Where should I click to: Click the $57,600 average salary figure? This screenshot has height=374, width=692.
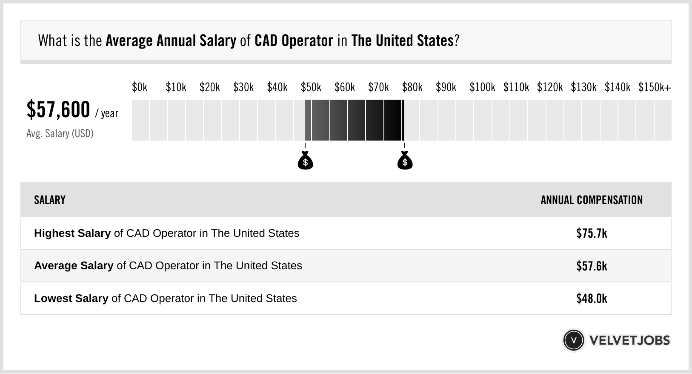tap(58, 110)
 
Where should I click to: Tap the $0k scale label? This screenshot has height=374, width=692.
tap(140, 87)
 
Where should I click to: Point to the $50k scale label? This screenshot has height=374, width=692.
tap(311, 87)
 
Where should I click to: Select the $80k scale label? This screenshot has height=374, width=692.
tap(412, 87)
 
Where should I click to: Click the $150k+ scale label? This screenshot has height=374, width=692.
tap(654, 87)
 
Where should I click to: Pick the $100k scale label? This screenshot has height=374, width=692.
tap(482, 87)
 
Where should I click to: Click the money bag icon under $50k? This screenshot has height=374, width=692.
tap(305, 161)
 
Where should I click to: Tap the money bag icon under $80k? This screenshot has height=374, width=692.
tap(405, 161)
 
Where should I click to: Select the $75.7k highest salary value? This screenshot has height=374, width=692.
tap(592, 233)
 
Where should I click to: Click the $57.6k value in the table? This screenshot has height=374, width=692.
tap(592, 266)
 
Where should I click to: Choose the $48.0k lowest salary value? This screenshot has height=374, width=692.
tap(592, 299)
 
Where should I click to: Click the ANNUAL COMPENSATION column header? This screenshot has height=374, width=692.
tap(592, 200)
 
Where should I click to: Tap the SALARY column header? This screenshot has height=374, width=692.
tap(50, 200)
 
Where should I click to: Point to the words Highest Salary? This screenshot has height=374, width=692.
tap(72, 233)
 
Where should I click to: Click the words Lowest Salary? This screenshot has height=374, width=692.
tap(71, 299)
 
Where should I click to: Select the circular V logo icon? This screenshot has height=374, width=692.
tap(574, 340)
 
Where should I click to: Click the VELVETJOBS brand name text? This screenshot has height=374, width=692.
tap(629, 340)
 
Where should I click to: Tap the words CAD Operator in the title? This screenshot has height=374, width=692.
tap(294, 41)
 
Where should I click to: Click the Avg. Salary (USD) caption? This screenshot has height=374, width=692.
tap(60, 134)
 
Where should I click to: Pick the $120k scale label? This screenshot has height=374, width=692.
tap(549, 87)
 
